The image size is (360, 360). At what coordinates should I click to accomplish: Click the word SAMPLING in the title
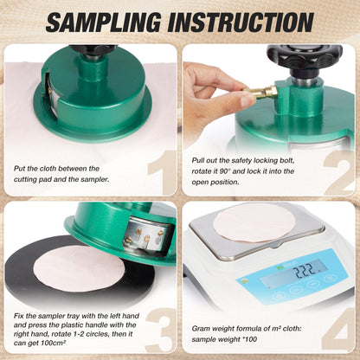coord(104,22)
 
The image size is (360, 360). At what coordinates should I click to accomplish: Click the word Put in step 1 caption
coord(20,169)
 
